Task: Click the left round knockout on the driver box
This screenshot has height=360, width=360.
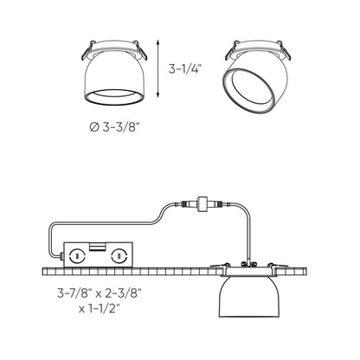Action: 78,256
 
